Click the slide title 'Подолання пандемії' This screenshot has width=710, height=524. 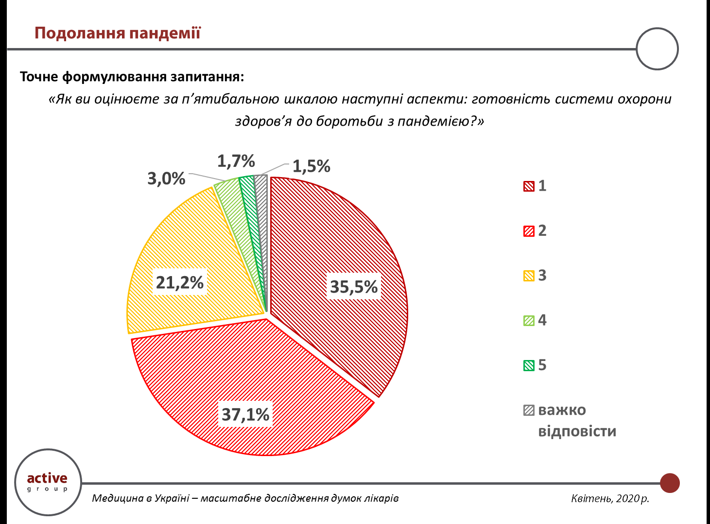click(117, 33)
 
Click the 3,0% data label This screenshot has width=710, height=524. click(166, 179)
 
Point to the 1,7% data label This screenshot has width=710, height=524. click(236, 161)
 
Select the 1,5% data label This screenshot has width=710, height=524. click(311, 166)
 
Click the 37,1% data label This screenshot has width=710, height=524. click(245, 414)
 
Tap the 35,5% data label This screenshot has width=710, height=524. click(354, 287)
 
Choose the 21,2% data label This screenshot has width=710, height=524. click(179, 282)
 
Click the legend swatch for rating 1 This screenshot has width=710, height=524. click(529, 186)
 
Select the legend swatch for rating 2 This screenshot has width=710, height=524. click(529, 231)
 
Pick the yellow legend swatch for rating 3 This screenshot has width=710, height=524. click(529, 276)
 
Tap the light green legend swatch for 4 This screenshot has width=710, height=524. click(529, 321)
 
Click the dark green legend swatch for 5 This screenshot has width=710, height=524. click(529, 365)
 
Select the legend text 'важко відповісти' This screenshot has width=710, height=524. click(576, 420)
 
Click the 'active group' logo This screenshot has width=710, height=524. click(47, 482)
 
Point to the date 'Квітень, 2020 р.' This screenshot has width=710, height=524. click(610, 498)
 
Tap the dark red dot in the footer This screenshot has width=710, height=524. click(670, 483)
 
